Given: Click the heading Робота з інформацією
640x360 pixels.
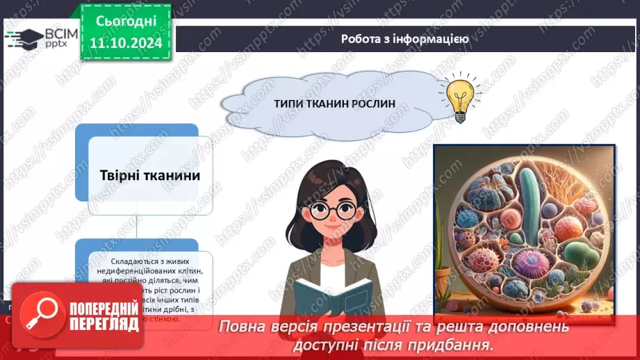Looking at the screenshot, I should pyautogui.click(x=404, y=39).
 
